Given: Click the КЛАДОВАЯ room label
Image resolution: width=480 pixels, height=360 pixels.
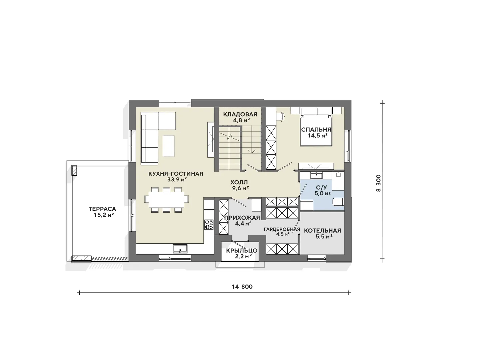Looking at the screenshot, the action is tap(240, 114).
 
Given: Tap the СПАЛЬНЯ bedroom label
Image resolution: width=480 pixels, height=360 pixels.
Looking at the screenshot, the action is tap(316, 129).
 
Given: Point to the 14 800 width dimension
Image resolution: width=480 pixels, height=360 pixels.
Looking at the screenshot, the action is tap(242, 287).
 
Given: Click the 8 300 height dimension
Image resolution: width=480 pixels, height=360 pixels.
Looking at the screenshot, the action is tap(378, 183).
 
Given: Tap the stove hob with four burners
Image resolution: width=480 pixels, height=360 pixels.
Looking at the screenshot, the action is tap(209, 225).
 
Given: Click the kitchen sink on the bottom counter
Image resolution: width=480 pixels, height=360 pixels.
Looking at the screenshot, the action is tap(180, 249).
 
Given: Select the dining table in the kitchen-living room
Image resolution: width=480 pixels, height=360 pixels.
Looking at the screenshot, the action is tap(166, 200).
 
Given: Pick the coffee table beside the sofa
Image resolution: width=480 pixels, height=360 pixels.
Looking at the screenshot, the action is tap(169, 146).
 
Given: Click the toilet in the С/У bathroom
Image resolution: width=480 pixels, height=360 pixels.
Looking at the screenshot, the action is tap(338, 202).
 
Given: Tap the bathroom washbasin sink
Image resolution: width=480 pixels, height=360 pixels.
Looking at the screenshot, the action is tap(316, 176).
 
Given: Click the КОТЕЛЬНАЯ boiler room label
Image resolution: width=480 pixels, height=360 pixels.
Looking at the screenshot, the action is tap(323, 231).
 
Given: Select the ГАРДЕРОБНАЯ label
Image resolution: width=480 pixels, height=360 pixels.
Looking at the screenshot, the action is tap(282, 229).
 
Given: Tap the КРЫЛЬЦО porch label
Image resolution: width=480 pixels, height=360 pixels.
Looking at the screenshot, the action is tap(242, 251).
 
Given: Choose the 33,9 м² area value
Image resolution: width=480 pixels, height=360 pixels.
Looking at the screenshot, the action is tap(177, 179).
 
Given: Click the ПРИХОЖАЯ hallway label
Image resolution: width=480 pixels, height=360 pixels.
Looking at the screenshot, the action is tap(242, 217).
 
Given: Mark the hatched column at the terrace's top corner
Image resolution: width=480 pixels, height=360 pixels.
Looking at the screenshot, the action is tap(74, 170).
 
